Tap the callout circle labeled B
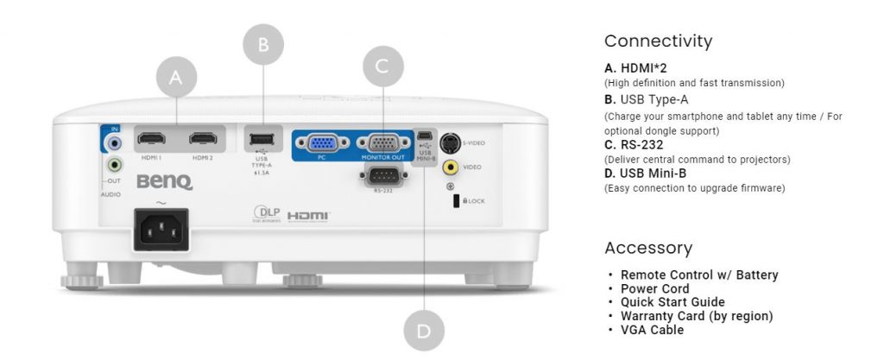(x=264, y=42)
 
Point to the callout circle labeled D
(x=425, y=331)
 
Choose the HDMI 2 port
(x=203, y=138)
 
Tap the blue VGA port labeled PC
(x=322, y=144)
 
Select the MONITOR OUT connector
(x=382, y=144)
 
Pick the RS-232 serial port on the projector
(x=382, y=176)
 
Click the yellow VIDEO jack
(x=450, y=167)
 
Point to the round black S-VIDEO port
(x=450, y=142)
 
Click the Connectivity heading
(x=658, y=41)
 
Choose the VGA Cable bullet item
(x=652, y=330)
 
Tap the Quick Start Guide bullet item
(x=672, y=302)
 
